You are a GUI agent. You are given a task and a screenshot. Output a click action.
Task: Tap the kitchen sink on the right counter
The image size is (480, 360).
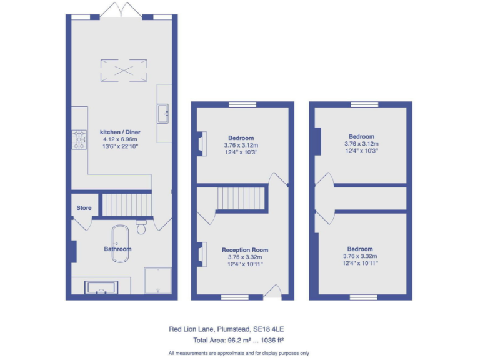(x=166, y=113)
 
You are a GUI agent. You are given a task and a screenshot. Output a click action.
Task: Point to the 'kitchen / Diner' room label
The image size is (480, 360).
(x=119, y=132)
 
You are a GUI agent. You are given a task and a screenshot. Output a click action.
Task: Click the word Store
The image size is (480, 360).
(x=84, y=208)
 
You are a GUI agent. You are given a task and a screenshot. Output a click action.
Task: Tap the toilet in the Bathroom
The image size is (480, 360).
(x=141, y=227)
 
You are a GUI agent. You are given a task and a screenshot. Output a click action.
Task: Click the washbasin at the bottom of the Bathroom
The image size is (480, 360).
(x=100, y=287)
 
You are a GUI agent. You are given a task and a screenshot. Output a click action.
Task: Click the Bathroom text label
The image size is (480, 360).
(x=117, y=249)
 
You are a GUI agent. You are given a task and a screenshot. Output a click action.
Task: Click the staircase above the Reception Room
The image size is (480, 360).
(x=241, y=200)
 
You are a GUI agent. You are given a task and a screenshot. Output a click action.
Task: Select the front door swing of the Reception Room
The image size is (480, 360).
(x=272, y=291)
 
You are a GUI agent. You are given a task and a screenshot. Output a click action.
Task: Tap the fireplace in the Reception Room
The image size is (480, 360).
(x=201, y=253)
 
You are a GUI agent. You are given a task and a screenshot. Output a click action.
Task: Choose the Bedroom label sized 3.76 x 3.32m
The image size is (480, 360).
(x=360, y=249)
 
